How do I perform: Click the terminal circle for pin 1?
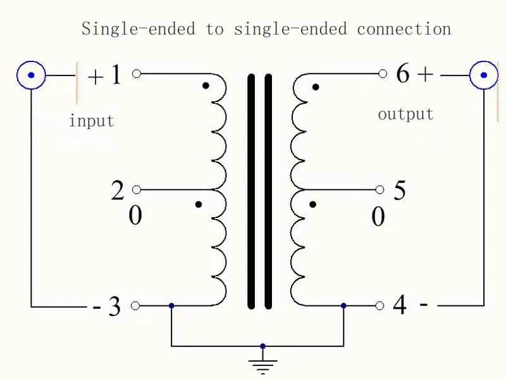coord(136,73)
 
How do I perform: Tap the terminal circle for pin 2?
coord(136,189)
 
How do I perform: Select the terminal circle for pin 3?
coord(135,306)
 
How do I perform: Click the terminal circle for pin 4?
coord(380,305)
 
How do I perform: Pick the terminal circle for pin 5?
coord(380,189)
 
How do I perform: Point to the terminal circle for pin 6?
coord(382,73)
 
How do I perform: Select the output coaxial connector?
coord(484,75)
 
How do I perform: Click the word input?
coord(92,121)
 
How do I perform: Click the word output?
coord(405,115)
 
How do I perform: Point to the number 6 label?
coord(403,74)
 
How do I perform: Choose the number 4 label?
coord(400,305)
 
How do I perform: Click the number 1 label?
coord(116,75)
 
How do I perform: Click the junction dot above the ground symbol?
coord(263,346)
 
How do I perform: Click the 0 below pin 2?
coord(135,216)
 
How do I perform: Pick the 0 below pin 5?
coord(378,217)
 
